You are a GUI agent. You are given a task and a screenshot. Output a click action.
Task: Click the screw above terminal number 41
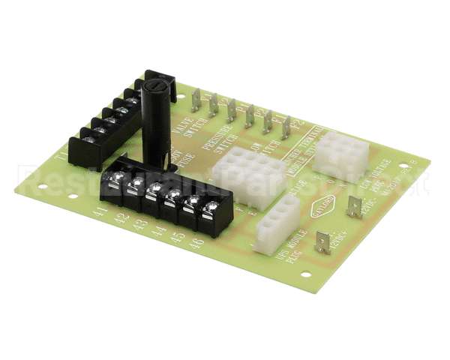[116, 178]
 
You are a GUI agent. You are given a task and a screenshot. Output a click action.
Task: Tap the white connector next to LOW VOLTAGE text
[341, 154]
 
